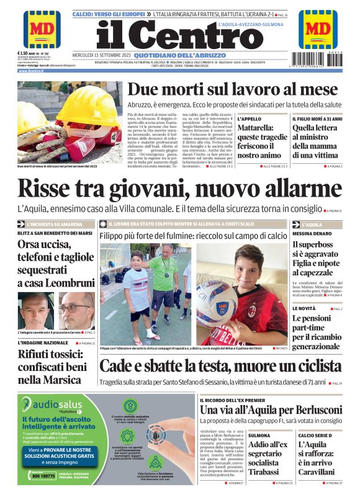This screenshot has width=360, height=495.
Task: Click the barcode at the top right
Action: tap(318, 60)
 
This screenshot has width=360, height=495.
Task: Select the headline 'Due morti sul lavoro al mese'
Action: tap(224, 89)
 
